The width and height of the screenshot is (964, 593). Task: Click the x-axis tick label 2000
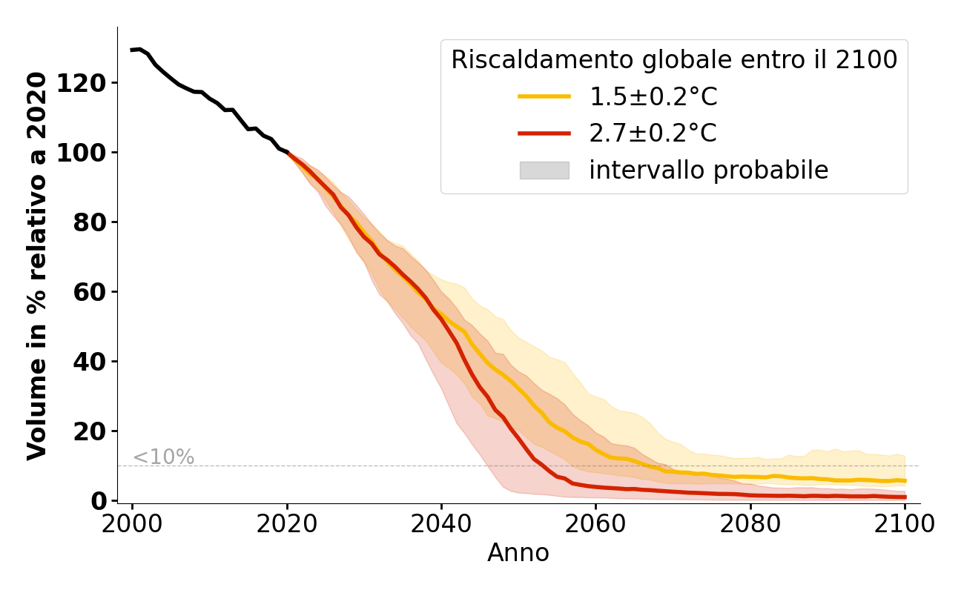[133, 524]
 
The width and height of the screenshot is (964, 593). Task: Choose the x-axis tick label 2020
[287, 524]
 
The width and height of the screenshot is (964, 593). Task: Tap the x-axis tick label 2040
[441, 524]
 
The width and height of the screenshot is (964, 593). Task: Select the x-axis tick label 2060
[595, 524]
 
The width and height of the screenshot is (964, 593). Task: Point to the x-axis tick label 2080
[750, 524]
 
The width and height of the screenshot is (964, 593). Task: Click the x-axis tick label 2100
[904, 524]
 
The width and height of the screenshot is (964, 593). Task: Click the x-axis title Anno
[518, 553]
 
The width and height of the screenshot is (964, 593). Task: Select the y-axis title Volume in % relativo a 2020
[37, 265]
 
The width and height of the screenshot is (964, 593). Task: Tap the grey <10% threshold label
[163, 457]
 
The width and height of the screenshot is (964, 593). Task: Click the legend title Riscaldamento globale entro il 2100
[674, 60]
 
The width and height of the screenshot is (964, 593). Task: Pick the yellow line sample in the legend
[544, 96]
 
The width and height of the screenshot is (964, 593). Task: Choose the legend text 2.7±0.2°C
[653, 133]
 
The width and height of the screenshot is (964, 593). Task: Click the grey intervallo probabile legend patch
[544, 170]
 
